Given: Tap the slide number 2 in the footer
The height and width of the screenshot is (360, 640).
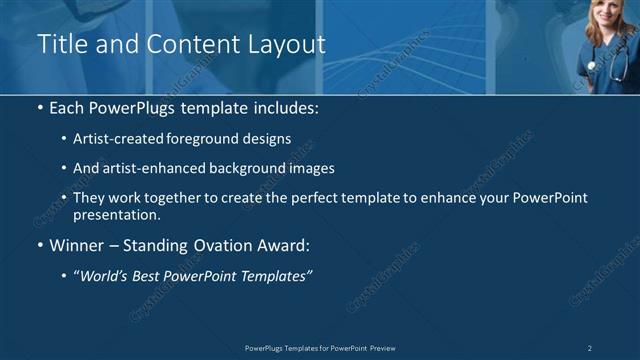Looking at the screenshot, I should coord(589,348).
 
